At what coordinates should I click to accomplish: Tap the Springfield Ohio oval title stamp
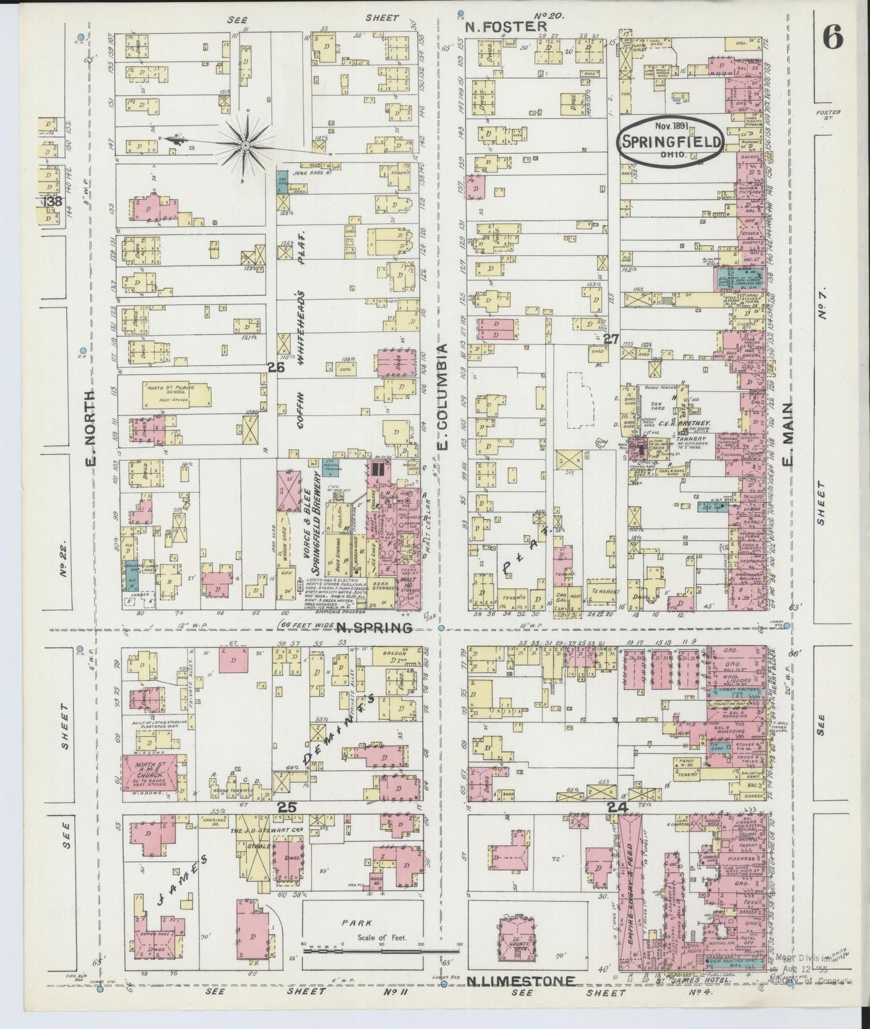pyautogui.click(x=671, y=139)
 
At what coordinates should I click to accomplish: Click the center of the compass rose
pyautogui.click(x=246, y=146)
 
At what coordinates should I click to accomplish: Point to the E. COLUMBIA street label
pyautogui.click(x=443, y=396)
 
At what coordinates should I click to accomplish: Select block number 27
pyautogui.click(x=611, y=339)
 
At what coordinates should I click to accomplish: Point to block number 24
pyautogui.click(x=618, y=808)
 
